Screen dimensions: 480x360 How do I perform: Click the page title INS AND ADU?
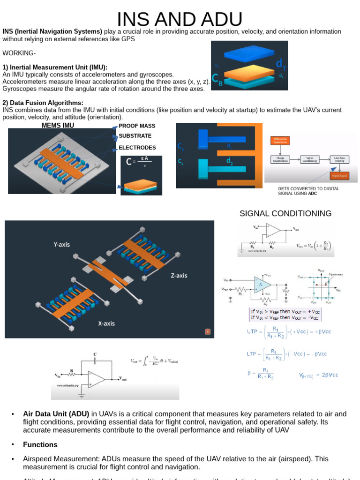(180, 19)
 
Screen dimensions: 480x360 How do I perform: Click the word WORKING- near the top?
(19, 52)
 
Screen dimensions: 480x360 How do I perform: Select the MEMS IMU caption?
(58, 126)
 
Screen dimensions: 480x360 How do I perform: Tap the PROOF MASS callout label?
(137, 126)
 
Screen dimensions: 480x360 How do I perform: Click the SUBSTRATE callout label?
(135, 136)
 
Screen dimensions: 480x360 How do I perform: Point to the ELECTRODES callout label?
(137, 148)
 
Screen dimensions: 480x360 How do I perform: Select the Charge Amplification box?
(280, 159)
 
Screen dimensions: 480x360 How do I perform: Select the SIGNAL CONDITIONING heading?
(285, 214)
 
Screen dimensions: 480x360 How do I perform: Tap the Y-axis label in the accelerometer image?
(61, 244)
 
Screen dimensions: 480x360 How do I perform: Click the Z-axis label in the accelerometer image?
(178, 276)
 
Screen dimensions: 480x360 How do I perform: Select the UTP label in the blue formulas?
(252, 331)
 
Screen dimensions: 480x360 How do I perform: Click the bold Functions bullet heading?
(40, 444)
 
